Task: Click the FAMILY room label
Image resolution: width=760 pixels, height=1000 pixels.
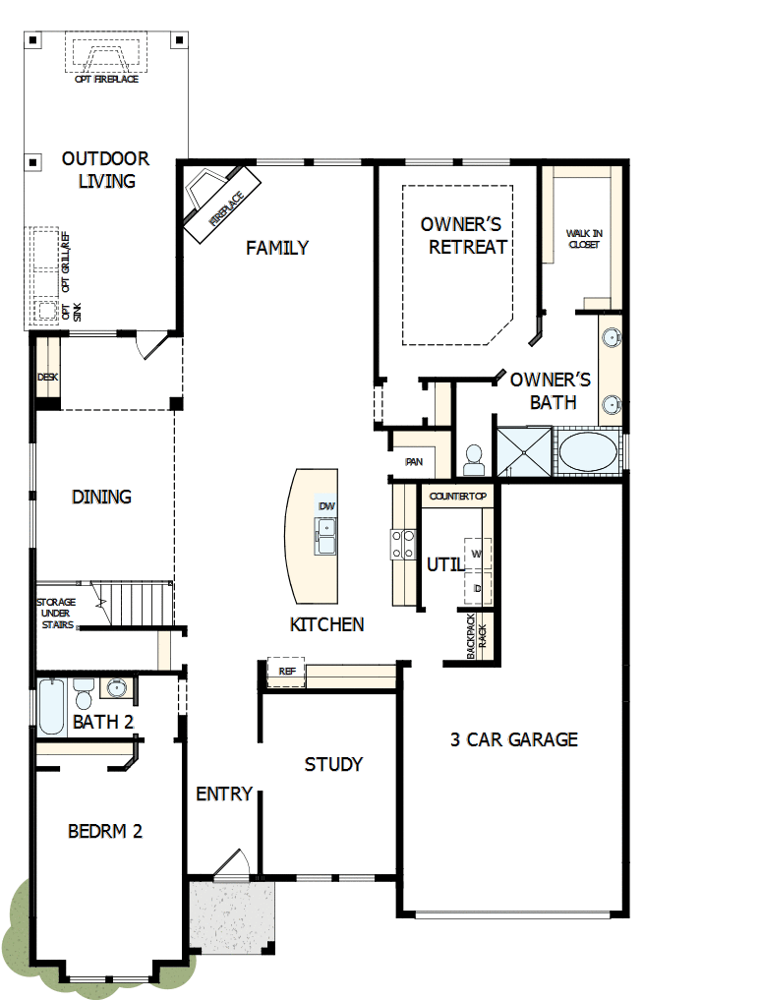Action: pos(277,248)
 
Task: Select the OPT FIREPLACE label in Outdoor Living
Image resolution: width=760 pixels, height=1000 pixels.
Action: pos(106,79)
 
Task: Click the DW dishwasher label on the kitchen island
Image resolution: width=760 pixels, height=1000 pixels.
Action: pos(327,506)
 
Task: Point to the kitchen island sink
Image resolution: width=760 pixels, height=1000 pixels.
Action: pos(326,537)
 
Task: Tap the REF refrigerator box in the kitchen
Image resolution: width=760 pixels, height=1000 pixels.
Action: pos(287,671)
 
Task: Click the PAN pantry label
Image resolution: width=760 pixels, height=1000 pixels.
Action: pos(414,460)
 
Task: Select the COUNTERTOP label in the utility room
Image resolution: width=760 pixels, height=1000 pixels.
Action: pos(457,497)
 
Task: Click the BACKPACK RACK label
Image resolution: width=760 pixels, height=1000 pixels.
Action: pos(476,635)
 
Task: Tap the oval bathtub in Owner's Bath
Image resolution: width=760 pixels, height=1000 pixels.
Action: pos(588,453)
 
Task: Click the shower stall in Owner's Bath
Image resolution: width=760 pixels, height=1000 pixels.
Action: pos(524,452)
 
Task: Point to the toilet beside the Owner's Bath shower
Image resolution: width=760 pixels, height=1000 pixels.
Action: pos(475,457)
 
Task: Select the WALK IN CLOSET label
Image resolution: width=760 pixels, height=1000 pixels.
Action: pos(583,238)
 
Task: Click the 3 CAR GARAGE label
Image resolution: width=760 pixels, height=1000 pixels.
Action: pos(513,739)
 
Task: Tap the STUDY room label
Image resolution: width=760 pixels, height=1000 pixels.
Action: pos(333,764)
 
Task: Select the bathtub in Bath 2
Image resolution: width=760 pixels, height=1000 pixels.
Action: pos(51,706)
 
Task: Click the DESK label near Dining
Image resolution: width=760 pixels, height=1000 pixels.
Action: pos(47,377)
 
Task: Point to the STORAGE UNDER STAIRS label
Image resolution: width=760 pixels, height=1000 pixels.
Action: pos(56,613)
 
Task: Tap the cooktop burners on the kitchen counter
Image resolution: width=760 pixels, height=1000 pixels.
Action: pos(404,543)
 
